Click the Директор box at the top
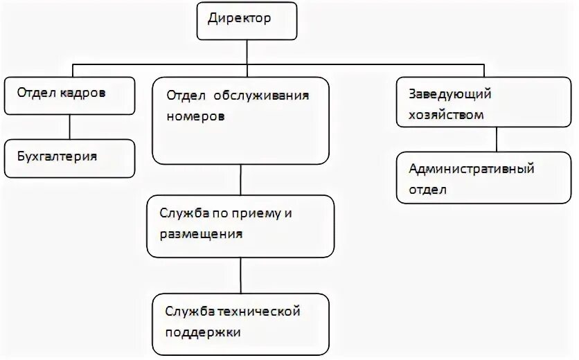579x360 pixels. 247,21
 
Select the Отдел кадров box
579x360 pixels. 69,96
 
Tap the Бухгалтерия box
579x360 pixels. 69,158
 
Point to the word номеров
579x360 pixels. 196,116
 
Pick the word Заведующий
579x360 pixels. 450,93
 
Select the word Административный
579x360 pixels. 471,168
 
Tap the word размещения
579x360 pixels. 202,235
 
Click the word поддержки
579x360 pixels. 202,333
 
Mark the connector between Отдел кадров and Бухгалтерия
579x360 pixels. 69,127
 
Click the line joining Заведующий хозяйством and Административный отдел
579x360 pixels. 497,140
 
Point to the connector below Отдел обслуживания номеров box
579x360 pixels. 240,179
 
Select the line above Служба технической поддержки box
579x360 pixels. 240,276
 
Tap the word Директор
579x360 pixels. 240,18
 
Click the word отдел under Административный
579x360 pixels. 428,189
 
